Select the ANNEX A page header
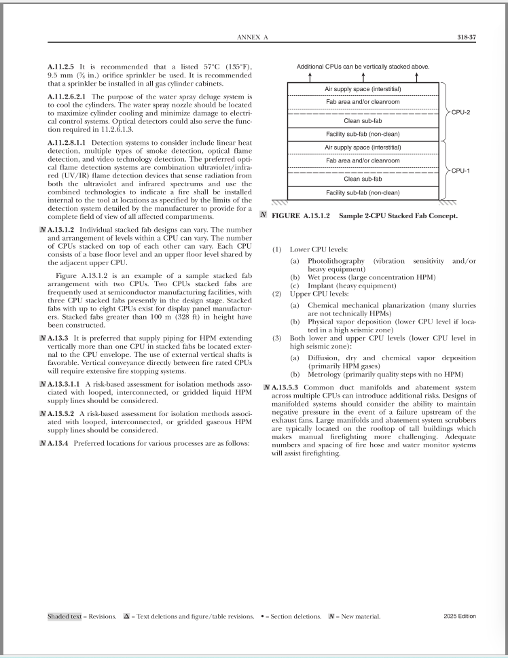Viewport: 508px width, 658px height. tap(251, 37)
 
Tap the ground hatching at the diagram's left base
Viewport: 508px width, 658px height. tap(279, 202)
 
